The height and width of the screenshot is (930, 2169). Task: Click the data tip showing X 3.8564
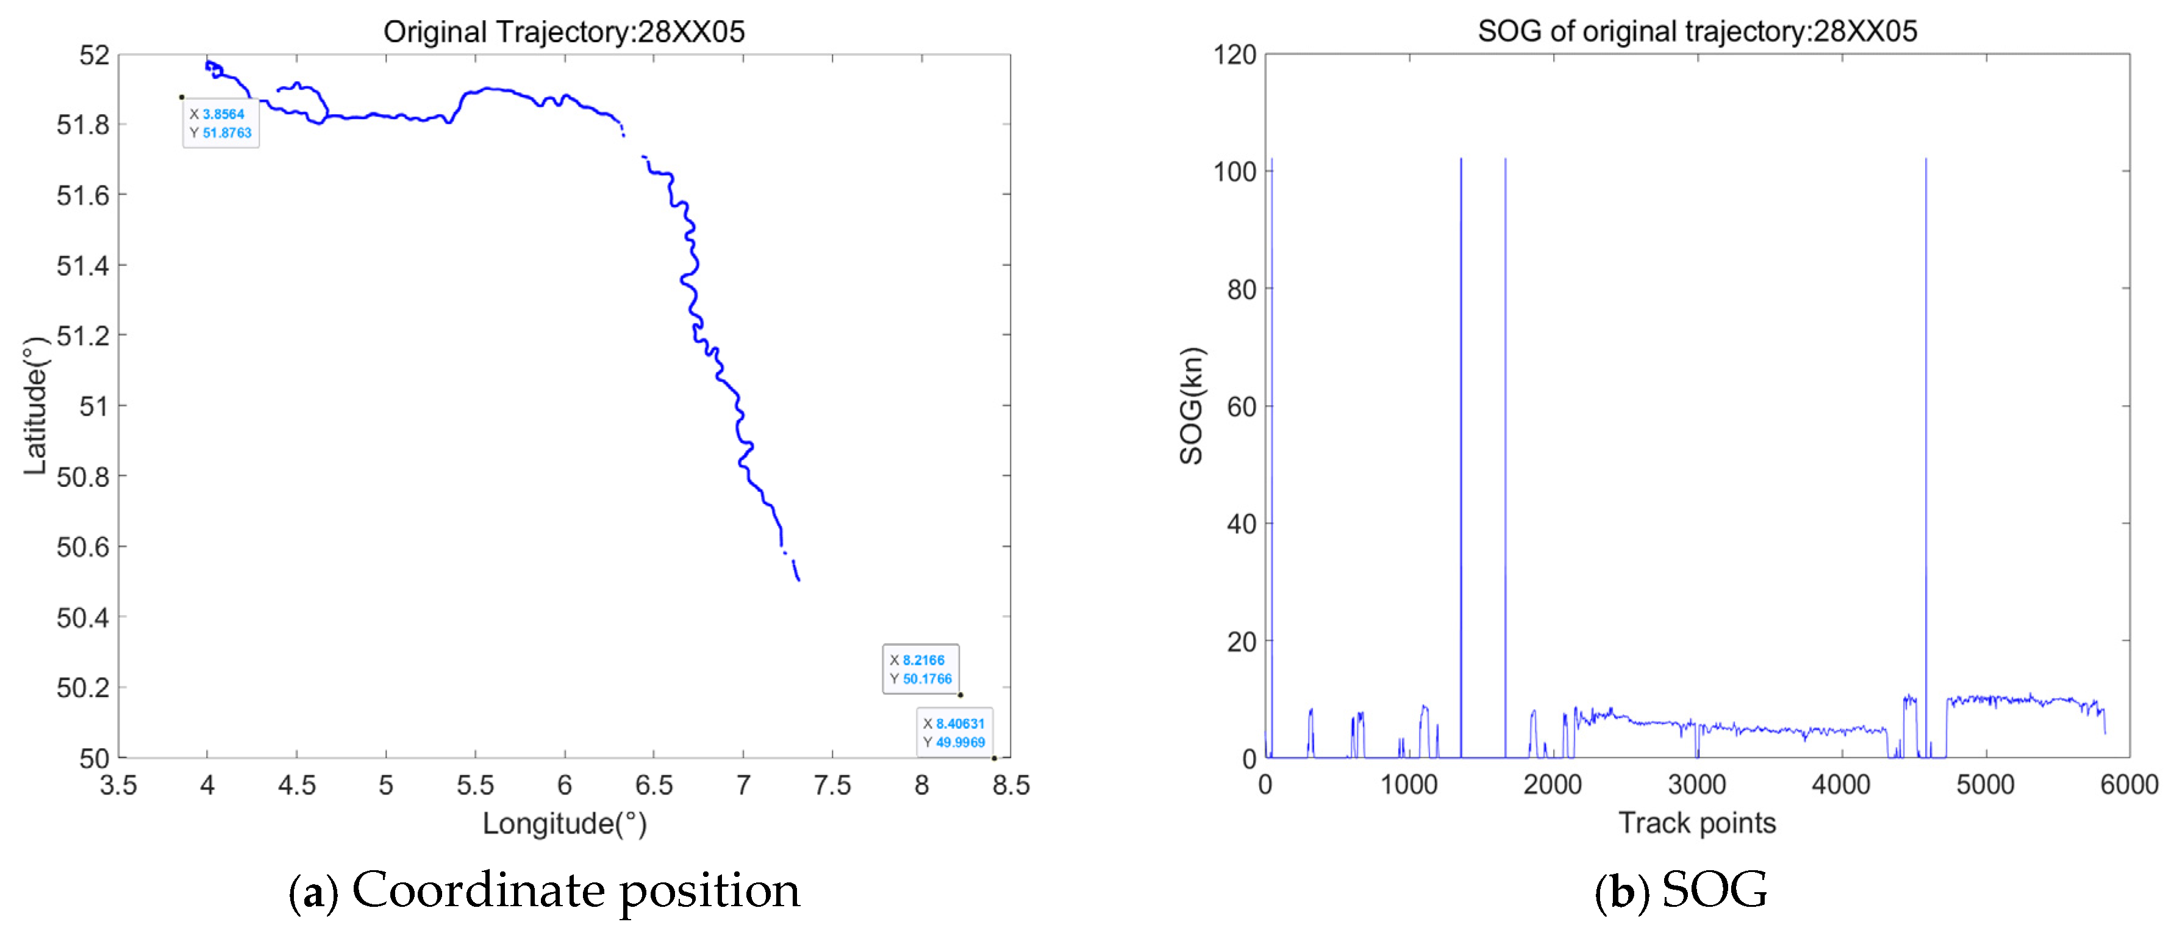221,124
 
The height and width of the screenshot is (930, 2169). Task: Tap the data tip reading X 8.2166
920,669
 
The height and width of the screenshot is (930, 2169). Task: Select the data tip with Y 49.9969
954,732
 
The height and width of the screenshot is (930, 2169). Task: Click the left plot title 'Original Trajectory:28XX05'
563,31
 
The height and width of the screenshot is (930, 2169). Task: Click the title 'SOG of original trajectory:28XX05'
1696,31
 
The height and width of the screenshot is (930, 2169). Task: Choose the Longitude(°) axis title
564,823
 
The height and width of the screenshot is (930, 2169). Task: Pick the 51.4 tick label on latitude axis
82,265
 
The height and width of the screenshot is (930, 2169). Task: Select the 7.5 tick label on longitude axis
832,785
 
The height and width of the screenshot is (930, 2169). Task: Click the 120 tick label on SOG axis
1234,55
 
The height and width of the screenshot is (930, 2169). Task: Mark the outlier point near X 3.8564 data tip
182,97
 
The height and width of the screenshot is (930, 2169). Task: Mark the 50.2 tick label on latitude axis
82,687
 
